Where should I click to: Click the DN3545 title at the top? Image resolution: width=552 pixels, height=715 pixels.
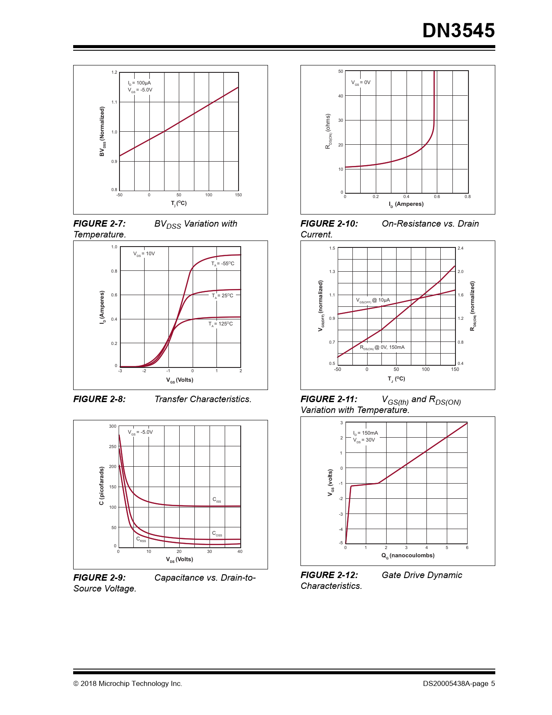(458, 31)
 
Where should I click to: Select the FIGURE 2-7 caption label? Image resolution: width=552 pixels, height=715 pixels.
(100, 224)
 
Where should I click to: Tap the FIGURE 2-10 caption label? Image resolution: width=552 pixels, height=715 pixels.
(329, 224)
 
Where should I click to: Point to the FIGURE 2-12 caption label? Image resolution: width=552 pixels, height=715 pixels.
(329, 575)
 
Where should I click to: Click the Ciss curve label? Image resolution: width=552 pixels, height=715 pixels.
(216, 500)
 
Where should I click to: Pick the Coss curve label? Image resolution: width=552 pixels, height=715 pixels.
(217, 534)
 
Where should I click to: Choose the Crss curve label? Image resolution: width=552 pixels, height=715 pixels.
(141, 539)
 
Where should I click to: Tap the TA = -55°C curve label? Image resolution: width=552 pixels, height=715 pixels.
(223, 264)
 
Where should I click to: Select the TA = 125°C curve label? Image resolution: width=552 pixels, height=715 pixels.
(220, 324)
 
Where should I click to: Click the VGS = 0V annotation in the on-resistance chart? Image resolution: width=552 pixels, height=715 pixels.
(361, 82)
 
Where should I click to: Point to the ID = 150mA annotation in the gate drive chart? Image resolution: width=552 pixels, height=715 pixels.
(365, 433)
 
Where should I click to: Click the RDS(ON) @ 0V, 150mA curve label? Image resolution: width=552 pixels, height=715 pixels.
(382, 348)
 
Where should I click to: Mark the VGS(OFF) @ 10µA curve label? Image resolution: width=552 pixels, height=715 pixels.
(373, 300)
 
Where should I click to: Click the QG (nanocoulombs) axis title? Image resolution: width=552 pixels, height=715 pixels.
(408, 556)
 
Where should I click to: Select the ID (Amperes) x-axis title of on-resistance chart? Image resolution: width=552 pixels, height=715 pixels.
(406, 204)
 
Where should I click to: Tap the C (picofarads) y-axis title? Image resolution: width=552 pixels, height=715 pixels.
(102, 486)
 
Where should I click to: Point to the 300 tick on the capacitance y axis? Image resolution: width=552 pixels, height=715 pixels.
(113, 426)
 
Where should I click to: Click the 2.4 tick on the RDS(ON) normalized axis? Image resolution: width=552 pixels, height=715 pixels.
(460, 248)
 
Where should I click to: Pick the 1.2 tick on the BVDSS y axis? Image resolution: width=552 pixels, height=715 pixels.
(114, 72)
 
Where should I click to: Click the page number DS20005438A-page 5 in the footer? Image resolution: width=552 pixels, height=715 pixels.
(459, 684)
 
